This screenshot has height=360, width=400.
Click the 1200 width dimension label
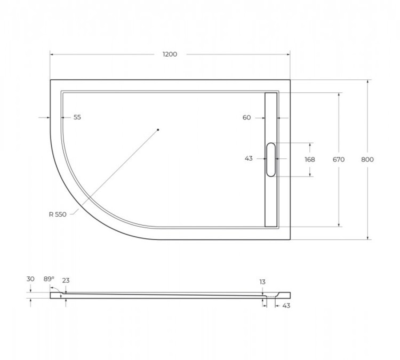[x=170, y=54]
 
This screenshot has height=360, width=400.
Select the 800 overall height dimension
[x=367, y=159]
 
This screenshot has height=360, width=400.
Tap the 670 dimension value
[x=338, y=159]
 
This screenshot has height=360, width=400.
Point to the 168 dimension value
[x=310, y=159]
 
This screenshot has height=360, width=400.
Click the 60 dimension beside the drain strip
[x=246, y=118]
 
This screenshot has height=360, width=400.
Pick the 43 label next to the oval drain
[x=249, y=158]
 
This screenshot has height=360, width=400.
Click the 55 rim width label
[x=77, y=117]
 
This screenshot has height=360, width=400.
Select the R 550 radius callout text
[x=57, y=214]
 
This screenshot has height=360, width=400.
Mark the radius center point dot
[x=158, y=130]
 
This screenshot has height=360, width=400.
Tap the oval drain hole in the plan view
[x=271, y=159]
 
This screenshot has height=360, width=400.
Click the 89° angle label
[x=49, y=279]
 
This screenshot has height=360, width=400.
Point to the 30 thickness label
[x=30, y=279]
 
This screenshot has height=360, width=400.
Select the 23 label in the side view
[x=66, y=281]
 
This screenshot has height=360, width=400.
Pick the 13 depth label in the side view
[x=262, y=282]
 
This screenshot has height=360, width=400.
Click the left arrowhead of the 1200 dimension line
[x=52, y=54]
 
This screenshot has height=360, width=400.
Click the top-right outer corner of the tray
[x=290, y=80]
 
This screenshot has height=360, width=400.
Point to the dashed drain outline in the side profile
[x=274, y=295]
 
